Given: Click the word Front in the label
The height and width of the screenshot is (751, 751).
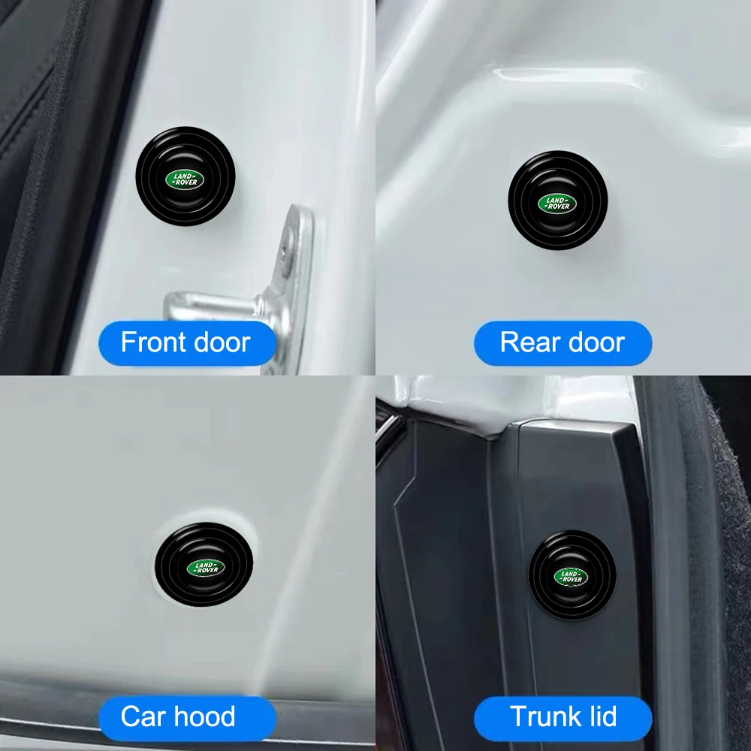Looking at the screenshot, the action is coord(152,342).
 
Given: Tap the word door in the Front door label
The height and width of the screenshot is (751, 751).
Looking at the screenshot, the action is coord(222,342).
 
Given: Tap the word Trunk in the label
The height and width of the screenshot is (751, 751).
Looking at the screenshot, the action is coord(541,716).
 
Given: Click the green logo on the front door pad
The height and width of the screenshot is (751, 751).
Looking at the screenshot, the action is coord(185,179).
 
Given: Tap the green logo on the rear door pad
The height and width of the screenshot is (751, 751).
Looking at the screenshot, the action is coord(557,203).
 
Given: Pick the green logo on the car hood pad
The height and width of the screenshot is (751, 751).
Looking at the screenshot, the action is coord(206,568).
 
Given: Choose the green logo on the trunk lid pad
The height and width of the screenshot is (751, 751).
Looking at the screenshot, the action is coord(572,577).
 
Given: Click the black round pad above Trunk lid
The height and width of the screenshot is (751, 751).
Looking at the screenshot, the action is coord(572,575).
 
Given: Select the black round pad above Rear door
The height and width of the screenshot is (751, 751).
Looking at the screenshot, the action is coord(557,201).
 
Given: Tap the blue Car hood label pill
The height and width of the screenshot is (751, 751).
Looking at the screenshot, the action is coord(187,717).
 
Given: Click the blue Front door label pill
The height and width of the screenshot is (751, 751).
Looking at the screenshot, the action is coord(187,343).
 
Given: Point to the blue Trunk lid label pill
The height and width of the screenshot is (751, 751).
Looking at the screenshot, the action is coord(562,717).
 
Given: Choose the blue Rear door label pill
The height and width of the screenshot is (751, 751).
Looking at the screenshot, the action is coord(562,343).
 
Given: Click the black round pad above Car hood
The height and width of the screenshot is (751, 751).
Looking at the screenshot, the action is coord(204,565).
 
